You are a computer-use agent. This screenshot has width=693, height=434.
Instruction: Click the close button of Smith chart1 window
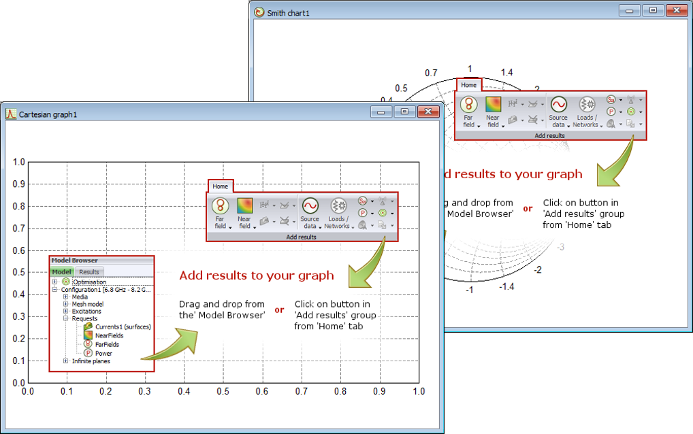point(675,11)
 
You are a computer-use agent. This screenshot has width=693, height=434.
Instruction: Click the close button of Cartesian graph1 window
point(428,112)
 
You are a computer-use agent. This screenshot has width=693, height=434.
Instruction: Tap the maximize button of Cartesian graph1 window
point(404,112)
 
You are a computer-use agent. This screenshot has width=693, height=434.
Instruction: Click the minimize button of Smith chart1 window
point(630,11)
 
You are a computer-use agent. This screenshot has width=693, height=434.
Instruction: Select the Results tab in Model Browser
point(89,272)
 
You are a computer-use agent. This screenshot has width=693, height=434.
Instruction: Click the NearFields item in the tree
point(110,335)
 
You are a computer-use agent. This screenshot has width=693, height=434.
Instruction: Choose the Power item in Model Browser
point(103,353)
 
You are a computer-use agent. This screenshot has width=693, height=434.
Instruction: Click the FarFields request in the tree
point(107,344)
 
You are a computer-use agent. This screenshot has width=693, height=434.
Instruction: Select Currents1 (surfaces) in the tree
point(123,327)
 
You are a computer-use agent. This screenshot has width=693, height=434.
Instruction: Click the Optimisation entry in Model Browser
point(89,282)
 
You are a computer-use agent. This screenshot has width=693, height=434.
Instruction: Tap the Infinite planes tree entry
point(91,361)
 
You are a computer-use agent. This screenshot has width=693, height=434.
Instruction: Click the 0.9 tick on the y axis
point(18,184)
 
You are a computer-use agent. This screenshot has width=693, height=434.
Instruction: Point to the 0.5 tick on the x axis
point(223,392)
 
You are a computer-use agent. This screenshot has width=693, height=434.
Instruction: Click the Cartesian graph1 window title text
point(48,114)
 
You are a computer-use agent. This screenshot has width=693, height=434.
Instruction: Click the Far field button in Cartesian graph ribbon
point(220,212)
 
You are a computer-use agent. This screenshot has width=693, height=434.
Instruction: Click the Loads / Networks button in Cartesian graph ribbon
point(338,212)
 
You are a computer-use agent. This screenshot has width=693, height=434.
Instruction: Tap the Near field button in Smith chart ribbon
point(493,111)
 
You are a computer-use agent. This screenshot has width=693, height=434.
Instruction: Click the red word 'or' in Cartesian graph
point(279,310)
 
